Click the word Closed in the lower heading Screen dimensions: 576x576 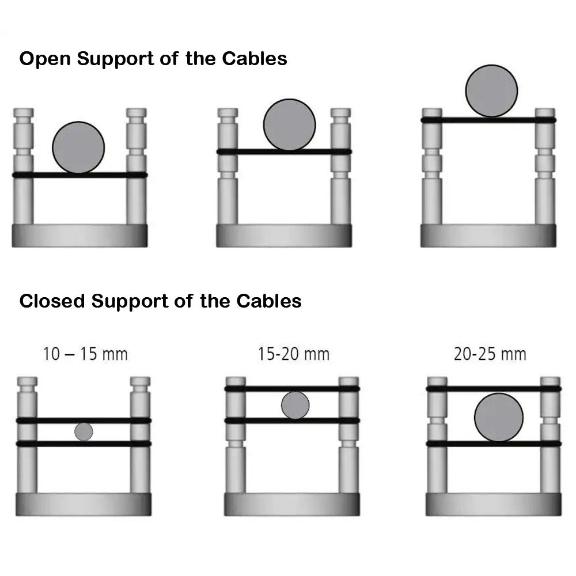tap(52, 301)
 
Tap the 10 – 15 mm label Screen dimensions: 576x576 tap(85, 353)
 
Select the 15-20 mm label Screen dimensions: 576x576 tap(294, 353)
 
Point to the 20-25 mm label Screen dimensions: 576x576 tap(490, 353)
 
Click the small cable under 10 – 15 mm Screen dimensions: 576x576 tap(84, 431)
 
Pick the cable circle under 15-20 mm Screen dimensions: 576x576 tap(295, 405)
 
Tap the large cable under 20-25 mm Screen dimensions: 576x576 tap(499, 418)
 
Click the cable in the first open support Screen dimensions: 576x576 tap(78, 147)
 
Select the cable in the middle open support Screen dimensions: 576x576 tap(289, 125)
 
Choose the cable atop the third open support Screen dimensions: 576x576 tap(491, 90)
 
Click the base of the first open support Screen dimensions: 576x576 tap(79, 236)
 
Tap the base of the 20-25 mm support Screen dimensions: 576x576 tap(493, 504)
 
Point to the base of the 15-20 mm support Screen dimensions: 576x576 tap(291, 504)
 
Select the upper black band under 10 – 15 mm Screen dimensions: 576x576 tap(52, 420)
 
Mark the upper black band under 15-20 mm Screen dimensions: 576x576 tap(259, 389)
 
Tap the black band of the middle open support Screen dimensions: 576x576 tap(242, 152)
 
